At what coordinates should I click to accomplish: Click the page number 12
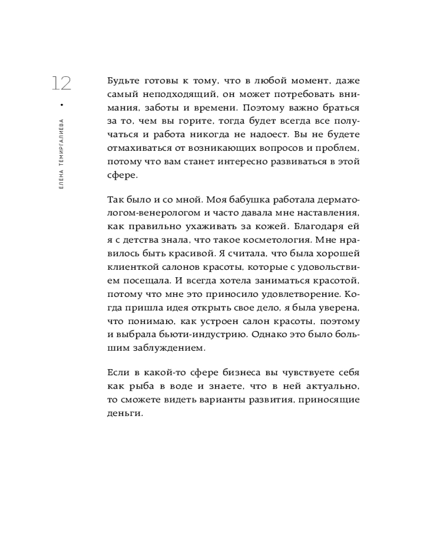point(61,84)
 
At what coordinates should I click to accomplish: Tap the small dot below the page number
point(62,104)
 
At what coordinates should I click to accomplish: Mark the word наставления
point(329,213)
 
